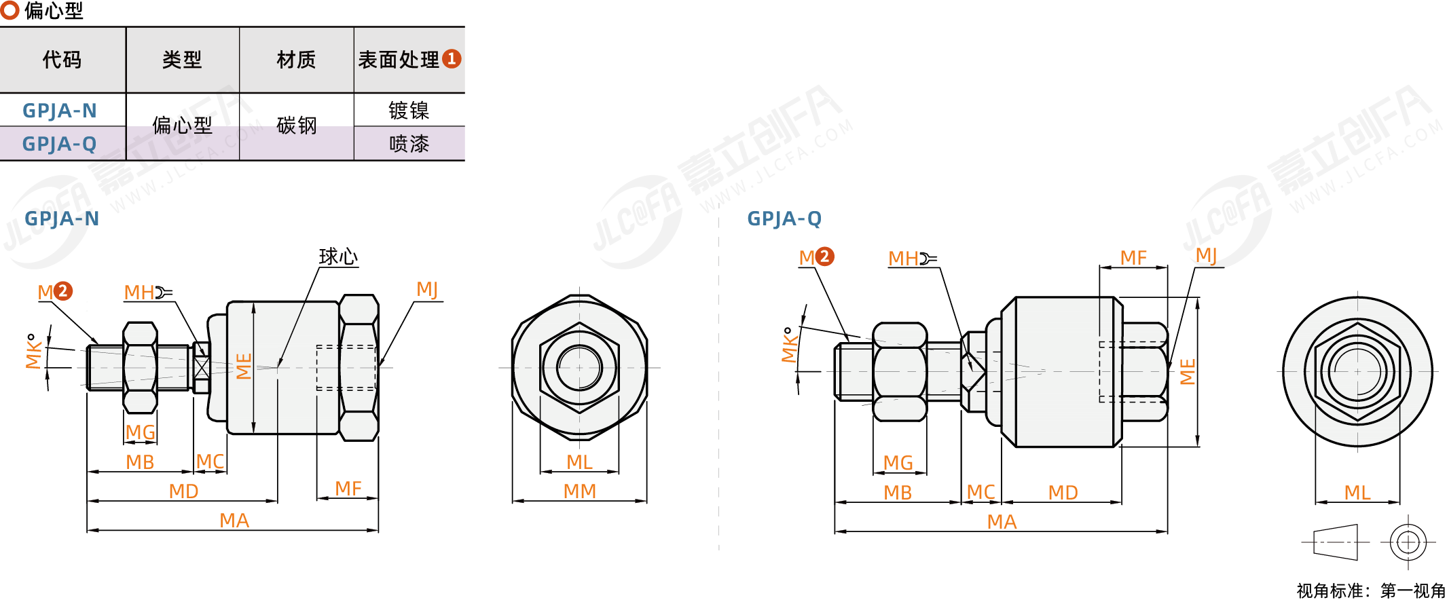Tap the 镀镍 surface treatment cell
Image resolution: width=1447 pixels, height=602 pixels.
click(x=409, y=110)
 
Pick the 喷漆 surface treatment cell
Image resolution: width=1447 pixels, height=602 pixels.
click(x=409, y=144)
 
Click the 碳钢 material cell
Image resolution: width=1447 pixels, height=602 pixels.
click(x=297, y=126)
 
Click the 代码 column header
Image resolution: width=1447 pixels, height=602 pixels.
click(x=62, y=60)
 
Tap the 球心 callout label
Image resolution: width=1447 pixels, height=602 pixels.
click(x=338, y=257)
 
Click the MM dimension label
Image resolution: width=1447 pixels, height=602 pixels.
click(x=580, y=491)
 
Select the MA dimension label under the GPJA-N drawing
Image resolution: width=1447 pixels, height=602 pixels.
click(x=234, y=521)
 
